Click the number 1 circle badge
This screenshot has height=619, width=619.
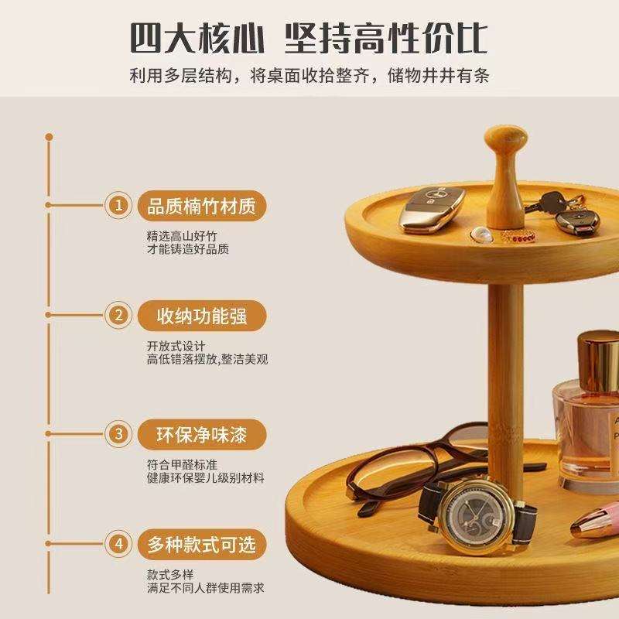[x=118, y=205]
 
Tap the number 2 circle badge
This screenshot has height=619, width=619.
[x=118, y=315]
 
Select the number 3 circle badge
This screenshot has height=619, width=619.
[x=118, y=434]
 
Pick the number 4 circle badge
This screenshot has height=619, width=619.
[x=118, y=544]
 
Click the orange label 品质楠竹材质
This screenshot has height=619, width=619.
[x=202, y=206]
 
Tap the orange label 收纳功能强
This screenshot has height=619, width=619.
[x=202, y=316]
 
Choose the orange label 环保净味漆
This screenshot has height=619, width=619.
[x=202, y=434]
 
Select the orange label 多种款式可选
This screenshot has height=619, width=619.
[x=202, y=545]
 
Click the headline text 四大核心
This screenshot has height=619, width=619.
[x=197, y=38]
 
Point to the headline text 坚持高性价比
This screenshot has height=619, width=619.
[x=386, y=38]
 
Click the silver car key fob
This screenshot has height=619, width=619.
[x=433, y=209]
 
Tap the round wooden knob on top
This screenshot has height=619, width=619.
[x=506, y=139]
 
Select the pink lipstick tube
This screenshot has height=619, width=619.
[x=595, y=518]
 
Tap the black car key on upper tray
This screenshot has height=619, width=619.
[x=576, y=221]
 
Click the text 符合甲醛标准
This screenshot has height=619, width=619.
[x=182, y=464]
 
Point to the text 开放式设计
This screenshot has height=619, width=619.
[x=176, y=346]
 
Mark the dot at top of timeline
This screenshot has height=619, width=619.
[x=49, y=137]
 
